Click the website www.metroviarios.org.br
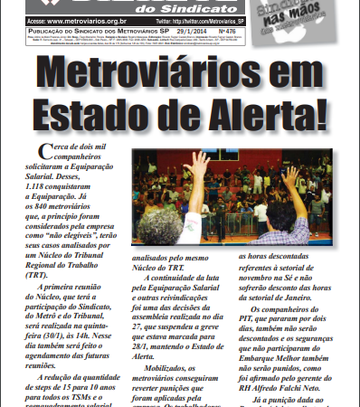click(81, 17)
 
